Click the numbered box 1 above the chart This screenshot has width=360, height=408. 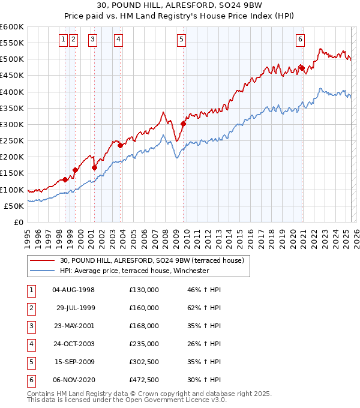[x=64, y=40]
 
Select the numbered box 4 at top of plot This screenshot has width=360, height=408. [x=119, y=40]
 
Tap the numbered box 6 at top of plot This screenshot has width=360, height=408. [x=300, y=40]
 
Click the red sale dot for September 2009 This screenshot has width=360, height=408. [x=183, y=124]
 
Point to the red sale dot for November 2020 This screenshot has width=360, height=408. [x=301, y=67]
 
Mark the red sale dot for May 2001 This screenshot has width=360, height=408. [x=94, y=167]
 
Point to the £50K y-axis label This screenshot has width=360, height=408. [x=14, y=206]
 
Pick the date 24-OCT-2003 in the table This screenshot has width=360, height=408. [x=74, y=344]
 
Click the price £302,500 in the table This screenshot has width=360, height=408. [x=144, y=362]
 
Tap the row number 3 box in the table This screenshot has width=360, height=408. [x=31, y=326]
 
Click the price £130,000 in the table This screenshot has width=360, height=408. [x=144, y=290]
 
